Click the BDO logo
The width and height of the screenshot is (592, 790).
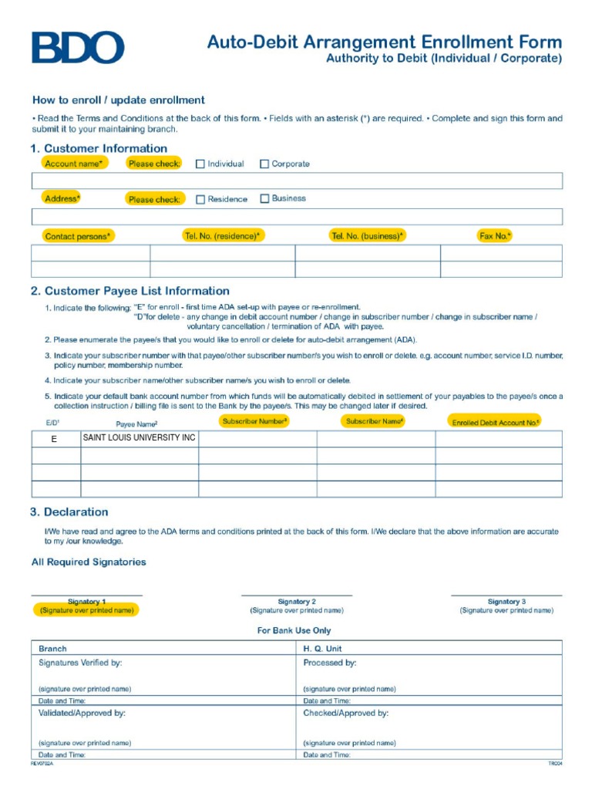click(x=77, y=48)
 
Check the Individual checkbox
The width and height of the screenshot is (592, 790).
click(x=200, y=164)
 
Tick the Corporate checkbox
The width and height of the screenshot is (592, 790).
click(x=264, y=164)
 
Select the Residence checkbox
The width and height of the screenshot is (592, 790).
click(x=200, y=199)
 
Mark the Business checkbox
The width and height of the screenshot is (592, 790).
click(x=264, y=198)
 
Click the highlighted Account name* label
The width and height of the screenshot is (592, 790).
click(x=74, y=164)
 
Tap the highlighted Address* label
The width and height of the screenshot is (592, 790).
click(x=62, y=199)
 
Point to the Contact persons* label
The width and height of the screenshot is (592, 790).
click(x=77, y=236)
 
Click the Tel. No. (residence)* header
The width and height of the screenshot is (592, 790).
click(x=222, y=235)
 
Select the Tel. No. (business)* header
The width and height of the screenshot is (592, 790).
click(x=367, y=235)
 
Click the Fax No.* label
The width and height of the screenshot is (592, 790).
click(x=495, y=235)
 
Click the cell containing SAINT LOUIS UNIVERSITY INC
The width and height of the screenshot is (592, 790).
click(x=140, y=438)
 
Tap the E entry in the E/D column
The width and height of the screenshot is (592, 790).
click(x=54, y=439)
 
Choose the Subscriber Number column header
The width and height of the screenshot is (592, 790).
click(x=255, y=421)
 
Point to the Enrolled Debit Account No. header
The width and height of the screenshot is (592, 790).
click(x=495, y=422)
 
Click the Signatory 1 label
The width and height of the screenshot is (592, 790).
click(x=86, y=602)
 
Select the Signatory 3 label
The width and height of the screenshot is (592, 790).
click(x=506, y=602)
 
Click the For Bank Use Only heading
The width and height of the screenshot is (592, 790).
click(x=294, y=630)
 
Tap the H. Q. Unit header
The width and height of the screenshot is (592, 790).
click(x=322, y=649)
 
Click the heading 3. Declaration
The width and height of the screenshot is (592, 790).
click(x=69, y=512)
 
